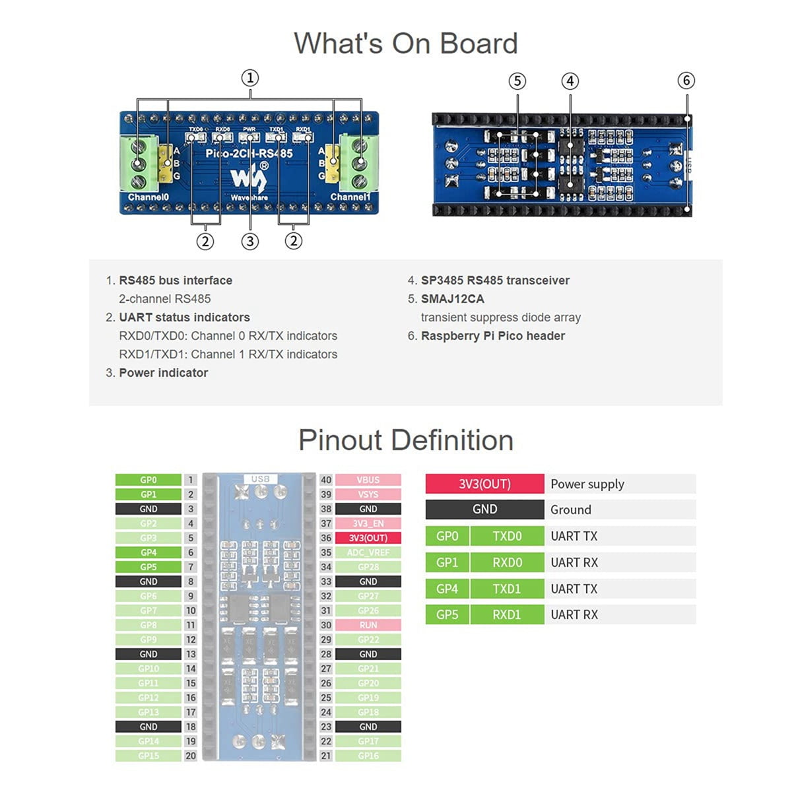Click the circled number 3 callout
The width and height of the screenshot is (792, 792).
[x=249, y=242]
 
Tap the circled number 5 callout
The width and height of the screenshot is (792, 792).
[x=517, y=81]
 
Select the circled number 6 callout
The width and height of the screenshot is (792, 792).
[x=686, y=81]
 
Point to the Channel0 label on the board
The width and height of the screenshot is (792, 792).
[x=148, y=197]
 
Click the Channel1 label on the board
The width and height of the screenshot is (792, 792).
[x=350, y=197]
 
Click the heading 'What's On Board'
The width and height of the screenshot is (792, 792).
[x=405, y=44]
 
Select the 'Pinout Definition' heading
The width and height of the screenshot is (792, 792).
[x=405, y=440]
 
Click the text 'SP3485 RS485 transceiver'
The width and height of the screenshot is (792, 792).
[x=495, y=280]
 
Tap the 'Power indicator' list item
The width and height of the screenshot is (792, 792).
[x=163, y=373]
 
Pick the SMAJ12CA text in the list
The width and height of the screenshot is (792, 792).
[x=452, y=299]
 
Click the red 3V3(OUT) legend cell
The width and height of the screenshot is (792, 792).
[x=484, y=484]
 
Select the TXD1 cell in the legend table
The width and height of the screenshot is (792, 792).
[x=506, y=589]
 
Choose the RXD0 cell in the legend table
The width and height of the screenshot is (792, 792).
[x=506, y=562]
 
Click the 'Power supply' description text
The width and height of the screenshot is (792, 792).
[x=587, y=484]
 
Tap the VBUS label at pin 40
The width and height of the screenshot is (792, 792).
[x=368, y=480]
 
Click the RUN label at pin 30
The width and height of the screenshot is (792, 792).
[x=368, y=625]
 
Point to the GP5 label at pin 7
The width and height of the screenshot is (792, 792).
[x=148, y=567]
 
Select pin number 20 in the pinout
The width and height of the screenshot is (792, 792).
[x=191, y=756]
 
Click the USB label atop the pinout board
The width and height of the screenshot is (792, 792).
[x=260, y=478]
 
